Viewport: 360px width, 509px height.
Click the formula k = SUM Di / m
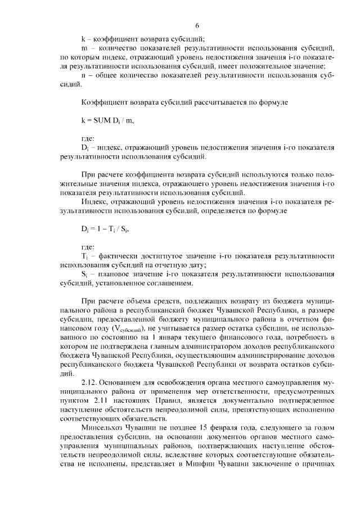click(107, 120)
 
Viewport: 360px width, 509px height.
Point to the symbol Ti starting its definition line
click(84, 256)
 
